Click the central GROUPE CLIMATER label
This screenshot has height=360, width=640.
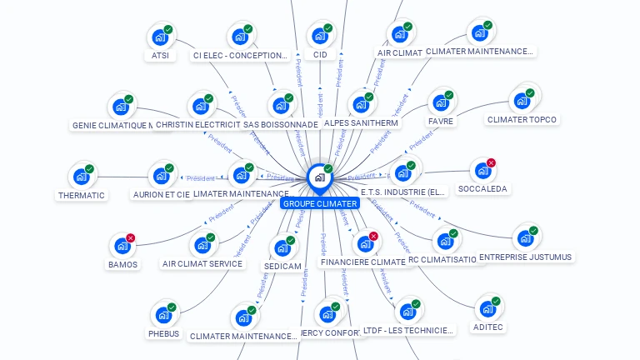tap(320, 203)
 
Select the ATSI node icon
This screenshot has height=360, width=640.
tap(159, 37)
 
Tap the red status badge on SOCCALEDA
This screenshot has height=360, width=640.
tap(491, 162)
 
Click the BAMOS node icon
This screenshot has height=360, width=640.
tap(122, 246)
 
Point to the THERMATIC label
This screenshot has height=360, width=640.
tap(82, 195)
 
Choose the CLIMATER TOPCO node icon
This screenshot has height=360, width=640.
tap(522, 101)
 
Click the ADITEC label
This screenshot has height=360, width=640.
tap(489, 327)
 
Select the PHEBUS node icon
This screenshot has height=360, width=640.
tap(163, 315)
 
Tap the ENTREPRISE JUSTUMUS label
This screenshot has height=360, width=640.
tap(525, 257)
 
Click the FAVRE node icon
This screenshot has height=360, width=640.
tap(440, 102)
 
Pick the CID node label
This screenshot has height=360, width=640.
tap(320, 55)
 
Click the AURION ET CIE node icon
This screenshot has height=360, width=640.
tap(161, 176)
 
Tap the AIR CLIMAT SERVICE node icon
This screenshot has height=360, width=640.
tap(202, 245)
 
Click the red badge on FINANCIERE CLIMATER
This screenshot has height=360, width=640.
tap(373, 236)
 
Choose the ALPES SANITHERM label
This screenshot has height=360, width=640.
tap(361, 122)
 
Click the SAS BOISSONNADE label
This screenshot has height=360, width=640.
tap(281, 124)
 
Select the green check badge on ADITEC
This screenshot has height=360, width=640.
tap(496, 301)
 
